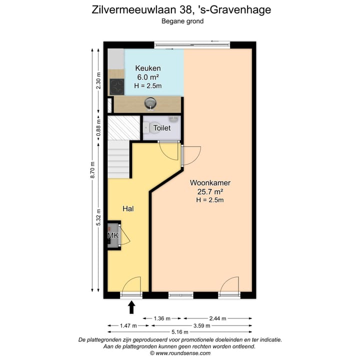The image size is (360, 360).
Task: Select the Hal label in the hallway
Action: point(128,208)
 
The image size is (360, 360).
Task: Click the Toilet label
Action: point(162,128)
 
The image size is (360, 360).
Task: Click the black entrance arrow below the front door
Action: point(132,306)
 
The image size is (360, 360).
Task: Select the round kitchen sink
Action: point(150,103)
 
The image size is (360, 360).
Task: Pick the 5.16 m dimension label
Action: point(179,332)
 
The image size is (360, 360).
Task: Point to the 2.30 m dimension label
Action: point(98,81)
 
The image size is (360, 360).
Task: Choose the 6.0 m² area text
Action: point(147,77)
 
